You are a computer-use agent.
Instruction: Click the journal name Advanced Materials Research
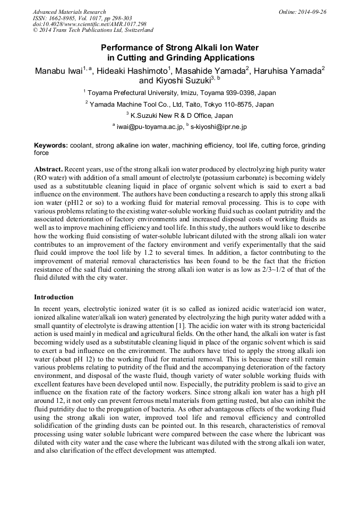[69, 12]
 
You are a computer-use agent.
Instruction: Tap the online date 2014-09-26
[313, 12]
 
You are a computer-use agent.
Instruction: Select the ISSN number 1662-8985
[66, 18]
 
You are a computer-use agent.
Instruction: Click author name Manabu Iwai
[57, 70]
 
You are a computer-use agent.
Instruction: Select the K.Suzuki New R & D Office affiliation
[181, 115]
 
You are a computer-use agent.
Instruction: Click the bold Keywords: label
[51, 145]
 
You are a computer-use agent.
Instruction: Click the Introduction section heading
[54, 297]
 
